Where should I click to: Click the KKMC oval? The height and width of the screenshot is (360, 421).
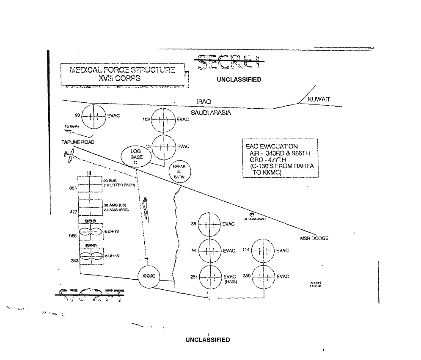click(149, 276)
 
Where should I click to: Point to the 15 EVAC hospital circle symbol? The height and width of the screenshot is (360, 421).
click(163, 146)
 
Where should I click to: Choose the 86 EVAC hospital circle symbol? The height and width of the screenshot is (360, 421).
click(210, 224)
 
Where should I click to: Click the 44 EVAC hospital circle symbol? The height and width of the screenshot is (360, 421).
click(210, 250)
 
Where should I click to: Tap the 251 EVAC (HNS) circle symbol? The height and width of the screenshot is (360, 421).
click(210, 277)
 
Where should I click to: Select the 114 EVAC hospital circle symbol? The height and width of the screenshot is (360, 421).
click(264, 250)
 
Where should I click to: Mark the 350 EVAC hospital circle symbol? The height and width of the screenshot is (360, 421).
click(264, 277)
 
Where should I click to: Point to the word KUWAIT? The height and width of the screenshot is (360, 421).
click(319, 99)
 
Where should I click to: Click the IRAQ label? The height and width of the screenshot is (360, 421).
click(204, 102)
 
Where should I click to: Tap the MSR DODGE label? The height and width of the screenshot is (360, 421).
click(314, 239)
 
